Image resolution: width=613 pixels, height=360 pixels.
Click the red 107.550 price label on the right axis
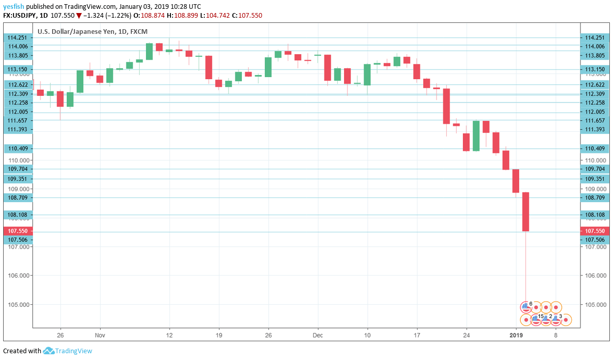coord(595,231)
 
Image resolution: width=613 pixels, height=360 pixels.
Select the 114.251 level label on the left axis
coord(18,38)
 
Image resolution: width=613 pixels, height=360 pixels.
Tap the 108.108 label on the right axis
coord(595,215)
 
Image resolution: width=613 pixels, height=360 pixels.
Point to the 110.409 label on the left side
coord(18,148)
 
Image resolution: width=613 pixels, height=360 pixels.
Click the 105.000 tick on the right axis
coord(595,305)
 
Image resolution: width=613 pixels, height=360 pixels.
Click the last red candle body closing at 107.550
coord(525,212)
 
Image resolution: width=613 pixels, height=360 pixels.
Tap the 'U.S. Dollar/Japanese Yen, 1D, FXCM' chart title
coord(92,32)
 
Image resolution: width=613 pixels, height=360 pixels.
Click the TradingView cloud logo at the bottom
coord(49,351)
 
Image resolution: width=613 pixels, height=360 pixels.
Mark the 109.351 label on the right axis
coord(595,179)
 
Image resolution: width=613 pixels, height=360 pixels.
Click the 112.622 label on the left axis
coord(18,84)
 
